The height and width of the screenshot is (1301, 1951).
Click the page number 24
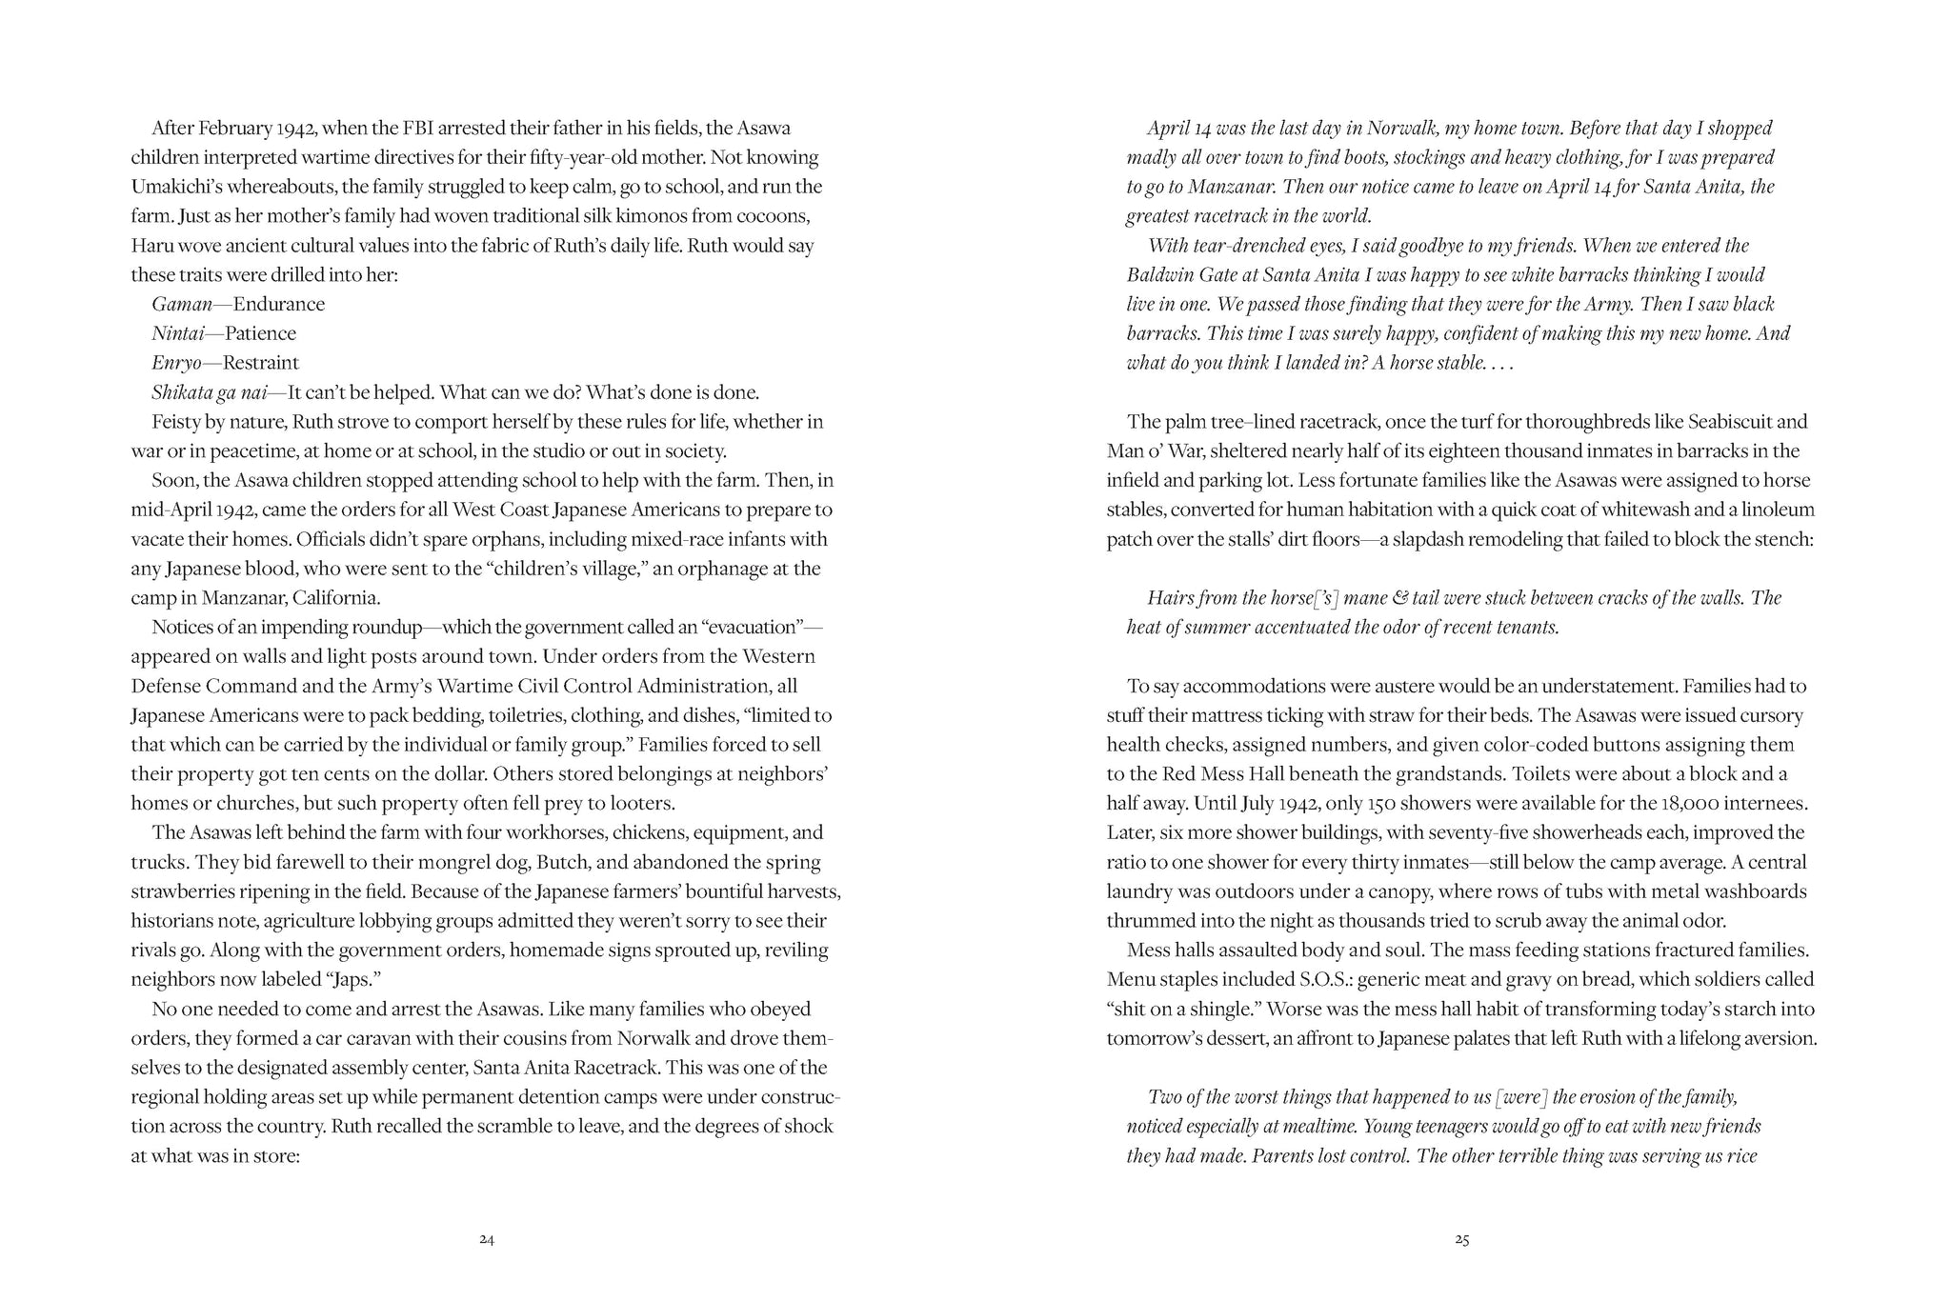[x=487, y=1240]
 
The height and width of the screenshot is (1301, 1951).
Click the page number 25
[x=1462, y=1240]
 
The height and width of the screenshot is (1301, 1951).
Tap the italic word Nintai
[x=176, y=334]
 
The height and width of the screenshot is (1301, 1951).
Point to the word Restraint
[x=260, y=363]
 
